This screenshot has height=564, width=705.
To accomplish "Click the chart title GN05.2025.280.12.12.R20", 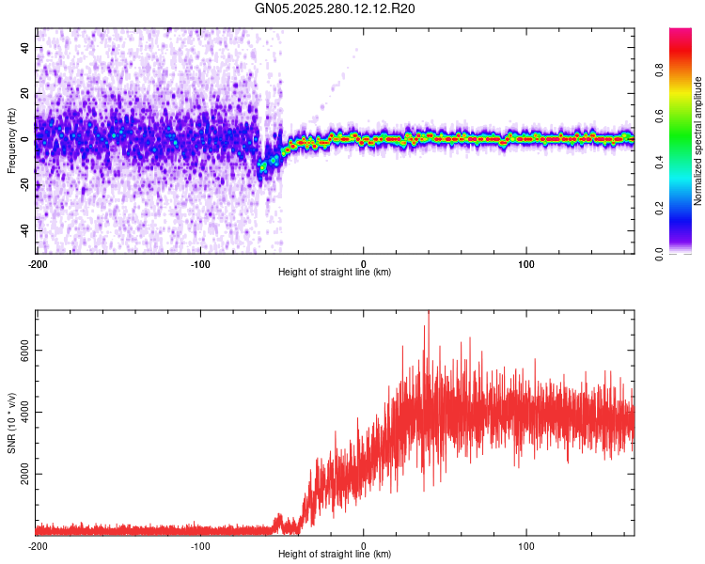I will (x=336, y=8).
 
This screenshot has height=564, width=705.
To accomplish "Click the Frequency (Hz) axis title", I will (x=11, y=141).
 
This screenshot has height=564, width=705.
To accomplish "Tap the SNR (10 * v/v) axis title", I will (x=11, y=422).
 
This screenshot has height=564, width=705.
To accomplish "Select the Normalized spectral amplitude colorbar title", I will (x=698, y=141).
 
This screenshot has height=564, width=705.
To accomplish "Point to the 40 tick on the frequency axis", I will (x=24, y=48).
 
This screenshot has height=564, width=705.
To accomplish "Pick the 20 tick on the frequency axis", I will (x=24, y=94).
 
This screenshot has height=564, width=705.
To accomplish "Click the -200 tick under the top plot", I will (x=38, y=263).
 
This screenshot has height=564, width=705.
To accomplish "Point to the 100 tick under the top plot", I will (x=526, y=263).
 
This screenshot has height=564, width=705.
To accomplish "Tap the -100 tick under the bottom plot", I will (x=200, y=545).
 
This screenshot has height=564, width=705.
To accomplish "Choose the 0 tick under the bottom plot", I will (x=364, y=545).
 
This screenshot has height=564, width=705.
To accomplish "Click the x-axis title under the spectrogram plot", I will (x=335, y=273).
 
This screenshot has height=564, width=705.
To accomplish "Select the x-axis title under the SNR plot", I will (x=335, y=555).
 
